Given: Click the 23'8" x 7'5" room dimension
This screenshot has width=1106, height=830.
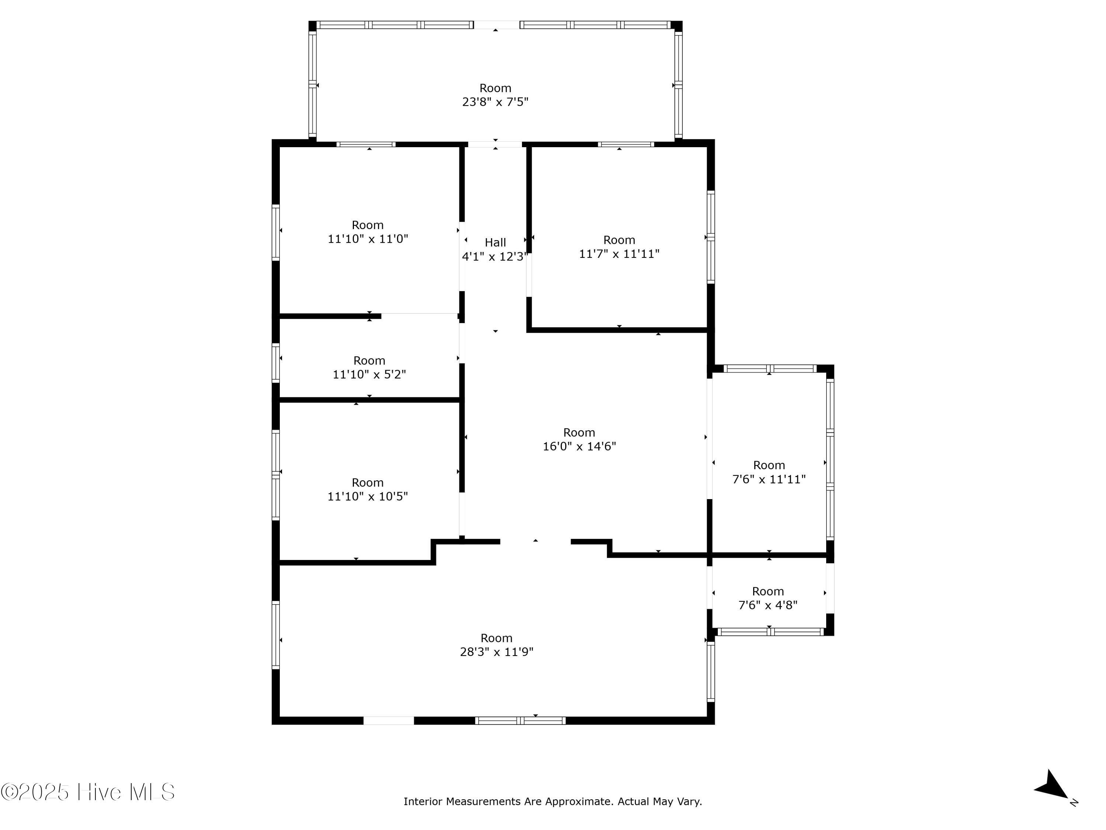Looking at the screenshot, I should (x=495, y=102).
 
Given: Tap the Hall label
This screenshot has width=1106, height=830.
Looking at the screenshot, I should (x=495, y=243).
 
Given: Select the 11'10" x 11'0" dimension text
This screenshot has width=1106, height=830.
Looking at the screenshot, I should (x=368, y=239).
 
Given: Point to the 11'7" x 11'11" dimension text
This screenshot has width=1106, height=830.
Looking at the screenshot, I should (x=619, y=254).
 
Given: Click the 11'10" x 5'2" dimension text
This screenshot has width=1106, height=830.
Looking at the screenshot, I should (x=369, y=375).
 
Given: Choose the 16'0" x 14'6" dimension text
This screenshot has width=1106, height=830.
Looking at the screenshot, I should (x=579, y=446).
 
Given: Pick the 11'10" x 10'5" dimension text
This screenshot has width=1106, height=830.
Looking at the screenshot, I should (x=368, y=497).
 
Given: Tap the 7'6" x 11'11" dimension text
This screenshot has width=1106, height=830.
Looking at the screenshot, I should (x=769, y=479).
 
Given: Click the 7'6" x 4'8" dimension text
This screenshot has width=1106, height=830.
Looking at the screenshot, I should (x=768, y=605).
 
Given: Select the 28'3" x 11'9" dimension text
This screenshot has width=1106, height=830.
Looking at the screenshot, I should (x=497, y=652).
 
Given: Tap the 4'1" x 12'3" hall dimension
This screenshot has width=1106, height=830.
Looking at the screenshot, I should (x=494, y=257).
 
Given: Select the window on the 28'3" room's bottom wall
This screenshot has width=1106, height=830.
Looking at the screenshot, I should (x=520, y=721).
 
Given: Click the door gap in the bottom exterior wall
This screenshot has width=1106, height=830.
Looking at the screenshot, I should (x=389, y=721).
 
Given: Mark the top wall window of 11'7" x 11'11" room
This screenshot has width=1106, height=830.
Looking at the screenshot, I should (x=626, y=145).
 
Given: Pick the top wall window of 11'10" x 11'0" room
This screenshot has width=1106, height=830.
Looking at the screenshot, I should (x=366, y=145).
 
